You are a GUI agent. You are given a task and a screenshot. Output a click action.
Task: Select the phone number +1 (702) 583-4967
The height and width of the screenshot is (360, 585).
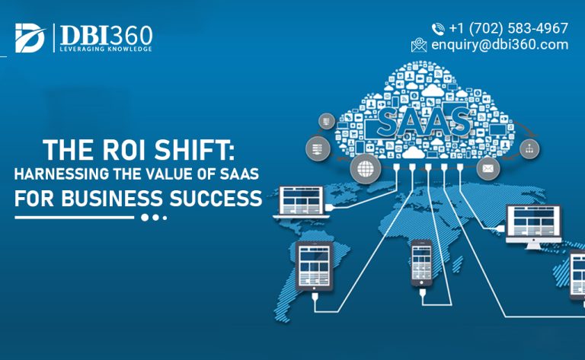509,28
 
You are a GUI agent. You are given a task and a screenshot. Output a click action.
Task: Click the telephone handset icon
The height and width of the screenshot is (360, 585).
438,29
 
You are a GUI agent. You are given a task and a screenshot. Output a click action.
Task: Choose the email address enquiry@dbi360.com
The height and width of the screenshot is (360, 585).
499,44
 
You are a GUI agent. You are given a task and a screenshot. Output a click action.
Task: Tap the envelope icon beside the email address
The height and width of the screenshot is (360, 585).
418,45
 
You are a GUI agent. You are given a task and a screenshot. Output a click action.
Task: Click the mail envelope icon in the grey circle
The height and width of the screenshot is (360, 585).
487,167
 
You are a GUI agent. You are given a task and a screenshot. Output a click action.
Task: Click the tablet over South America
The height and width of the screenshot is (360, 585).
315,271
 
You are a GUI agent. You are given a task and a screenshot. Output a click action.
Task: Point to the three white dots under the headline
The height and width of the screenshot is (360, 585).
153,218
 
